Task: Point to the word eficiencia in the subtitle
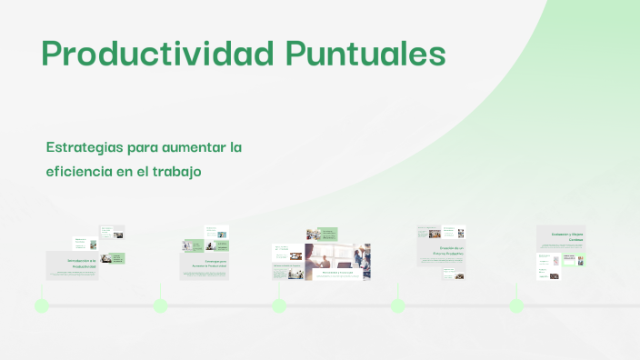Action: click(78, 170)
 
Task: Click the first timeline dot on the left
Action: click(42, 305)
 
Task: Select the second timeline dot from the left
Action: click(161, 305)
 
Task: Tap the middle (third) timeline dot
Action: click(279, 305)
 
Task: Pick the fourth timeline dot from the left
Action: click(398, 305)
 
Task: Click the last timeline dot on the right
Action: click(516, 305)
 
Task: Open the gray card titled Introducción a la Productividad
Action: click(72, 265)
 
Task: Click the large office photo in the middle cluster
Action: click(337, 260)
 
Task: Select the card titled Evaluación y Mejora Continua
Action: click(560, 237)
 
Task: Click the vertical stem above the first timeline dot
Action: click(42, 290)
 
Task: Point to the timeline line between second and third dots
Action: click(220, 305)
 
